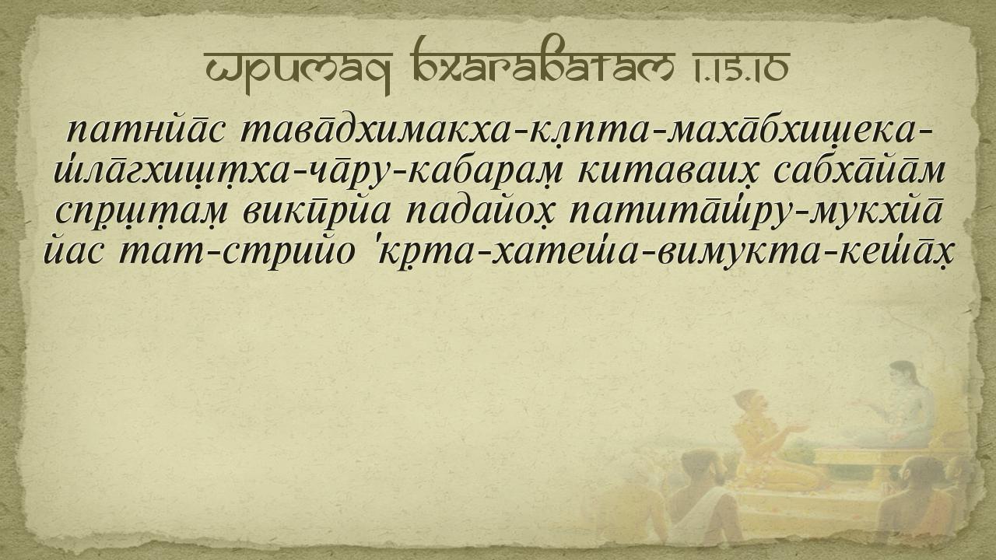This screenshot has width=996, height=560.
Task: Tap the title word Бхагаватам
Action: pyautogui.click(x=542, y=60)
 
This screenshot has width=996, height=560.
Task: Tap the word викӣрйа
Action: pyautogui.click(x=317, y=211)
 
